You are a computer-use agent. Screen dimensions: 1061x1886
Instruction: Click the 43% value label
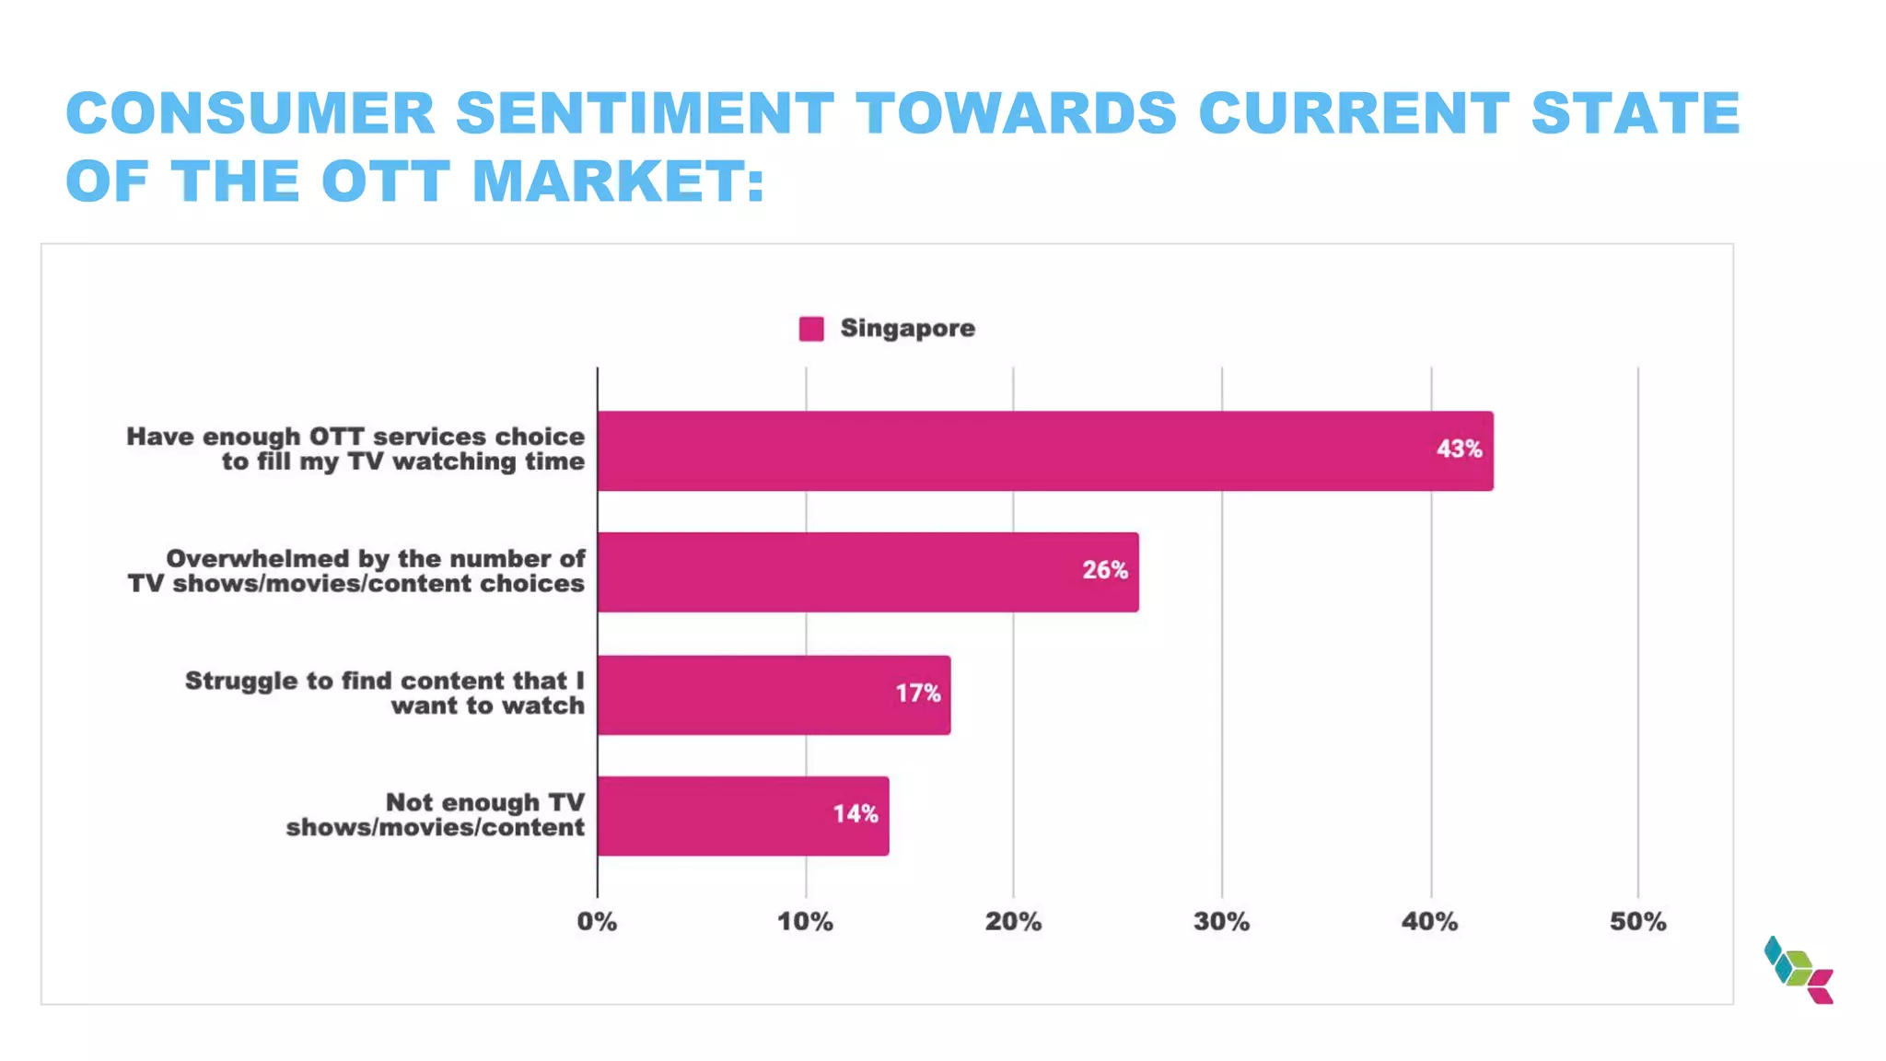1459,449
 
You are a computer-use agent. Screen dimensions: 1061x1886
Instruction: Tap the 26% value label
1104,570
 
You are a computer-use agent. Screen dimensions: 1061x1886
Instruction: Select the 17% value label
917,694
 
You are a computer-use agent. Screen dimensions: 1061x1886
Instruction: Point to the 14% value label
855,814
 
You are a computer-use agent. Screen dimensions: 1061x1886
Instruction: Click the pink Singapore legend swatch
811,329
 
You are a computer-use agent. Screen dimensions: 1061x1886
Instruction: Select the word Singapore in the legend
907,329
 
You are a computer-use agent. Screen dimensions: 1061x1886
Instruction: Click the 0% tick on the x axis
597,922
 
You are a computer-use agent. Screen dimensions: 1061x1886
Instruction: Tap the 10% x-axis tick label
805,922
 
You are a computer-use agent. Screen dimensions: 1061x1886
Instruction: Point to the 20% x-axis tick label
1013,922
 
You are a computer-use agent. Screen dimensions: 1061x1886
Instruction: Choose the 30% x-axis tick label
1221,922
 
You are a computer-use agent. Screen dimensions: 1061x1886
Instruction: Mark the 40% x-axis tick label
1429,922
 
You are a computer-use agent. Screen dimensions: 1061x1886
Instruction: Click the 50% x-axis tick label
1637,922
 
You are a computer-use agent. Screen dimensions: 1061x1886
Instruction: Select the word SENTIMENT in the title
645,113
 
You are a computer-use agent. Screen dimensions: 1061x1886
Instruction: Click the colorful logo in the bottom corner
1799,970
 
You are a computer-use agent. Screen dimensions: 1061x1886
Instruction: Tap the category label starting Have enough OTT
355,449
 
